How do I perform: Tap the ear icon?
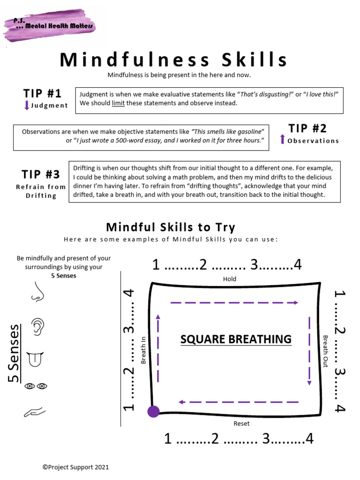(37, 326)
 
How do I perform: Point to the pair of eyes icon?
(36, 386)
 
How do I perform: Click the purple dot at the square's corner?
(153, 412)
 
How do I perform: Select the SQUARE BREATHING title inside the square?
(236, 339)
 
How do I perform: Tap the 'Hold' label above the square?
(230, 279)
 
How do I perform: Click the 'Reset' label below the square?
(241, 424)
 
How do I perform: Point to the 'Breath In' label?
(143, 349)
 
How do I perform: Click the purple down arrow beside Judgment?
(27, 105)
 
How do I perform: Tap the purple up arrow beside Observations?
(282, 139)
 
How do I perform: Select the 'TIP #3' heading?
(41, 174)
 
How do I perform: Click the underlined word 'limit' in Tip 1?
(118, 103)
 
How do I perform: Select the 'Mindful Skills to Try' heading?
(171, 227)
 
